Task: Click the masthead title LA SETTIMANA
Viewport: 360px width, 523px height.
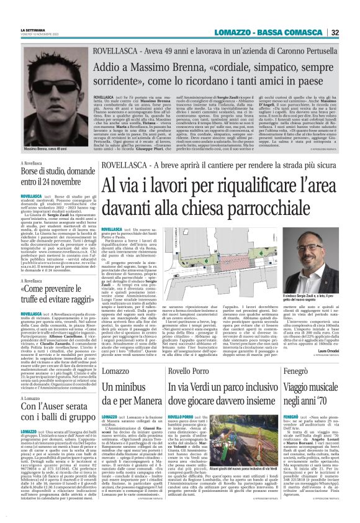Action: (32, 29)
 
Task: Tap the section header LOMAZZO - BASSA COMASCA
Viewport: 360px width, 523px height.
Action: (268, 32)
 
